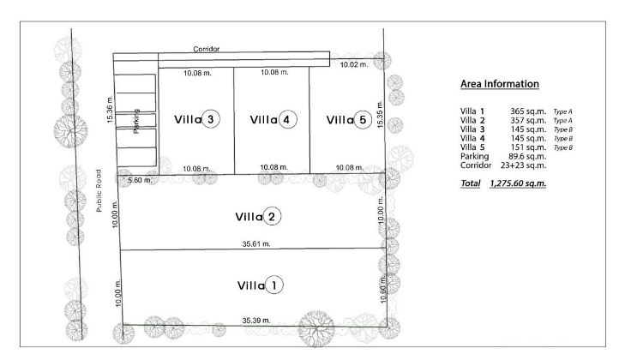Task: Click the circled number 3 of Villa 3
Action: coord(212,119)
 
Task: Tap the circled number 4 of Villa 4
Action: coord(288,119)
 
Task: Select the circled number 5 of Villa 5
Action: coord(363,120)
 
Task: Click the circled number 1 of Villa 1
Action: coord(273,285)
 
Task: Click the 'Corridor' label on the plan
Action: coord(207,50)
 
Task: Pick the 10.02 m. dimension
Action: coord(355,64)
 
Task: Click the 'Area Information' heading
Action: coord(499,84)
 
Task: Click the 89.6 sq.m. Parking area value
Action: coord(526,156)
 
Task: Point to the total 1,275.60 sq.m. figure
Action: coord(518,183)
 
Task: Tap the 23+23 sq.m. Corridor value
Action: coord(523,165)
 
